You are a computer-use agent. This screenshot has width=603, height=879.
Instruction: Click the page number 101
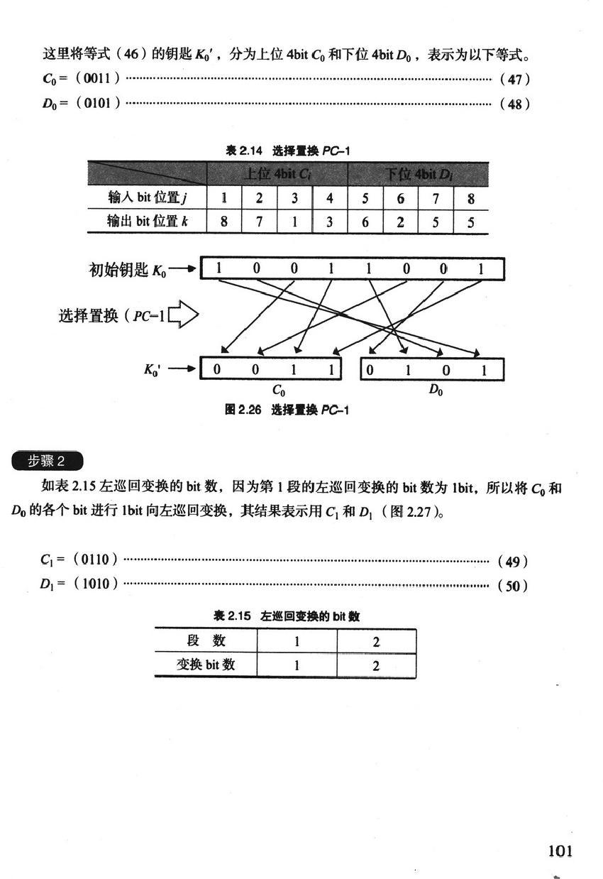tap(560, 851)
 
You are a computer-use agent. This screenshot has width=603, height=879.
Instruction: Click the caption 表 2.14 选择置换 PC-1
tap(287, 151)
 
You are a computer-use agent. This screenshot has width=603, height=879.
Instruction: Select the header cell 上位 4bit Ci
tap(277, 173)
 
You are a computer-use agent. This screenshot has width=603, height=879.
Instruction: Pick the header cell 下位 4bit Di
tap(418, 173)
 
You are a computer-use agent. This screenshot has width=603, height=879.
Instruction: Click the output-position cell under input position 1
tap(224, 221)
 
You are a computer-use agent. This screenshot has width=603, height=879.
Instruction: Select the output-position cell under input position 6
tap(401, 221)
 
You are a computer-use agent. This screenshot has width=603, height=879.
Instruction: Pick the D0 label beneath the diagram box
tap(436, 389)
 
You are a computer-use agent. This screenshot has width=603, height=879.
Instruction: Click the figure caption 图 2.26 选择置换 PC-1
tap(287, 410)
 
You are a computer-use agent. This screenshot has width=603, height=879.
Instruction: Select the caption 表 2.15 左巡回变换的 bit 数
tap(287, 616)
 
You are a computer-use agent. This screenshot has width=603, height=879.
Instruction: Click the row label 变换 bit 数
tap(206, 665)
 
